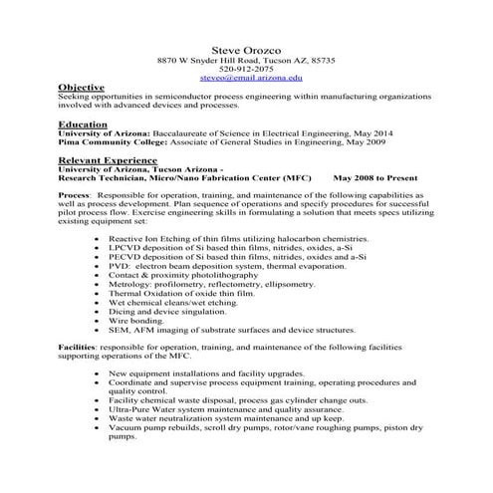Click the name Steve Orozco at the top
pos(245,49)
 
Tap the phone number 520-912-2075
pos(245,68)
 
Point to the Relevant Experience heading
pos(111,158)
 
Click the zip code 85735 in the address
pos(322,60)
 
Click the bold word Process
pos(75,195)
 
